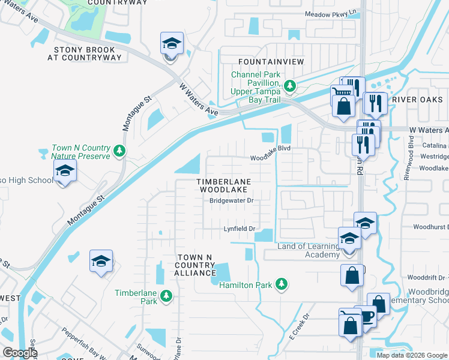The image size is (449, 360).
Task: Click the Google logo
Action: (x=20, y=353)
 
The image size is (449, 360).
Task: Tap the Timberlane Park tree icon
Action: (x=166, y=295)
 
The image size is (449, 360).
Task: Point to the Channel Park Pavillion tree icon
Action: (x=290, y=86)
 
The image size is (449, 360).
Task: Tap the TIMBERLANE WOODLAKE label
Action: (x=224, y=185)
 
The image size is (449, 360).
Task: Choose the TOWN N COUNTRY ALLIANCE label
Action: (x=195, y=265)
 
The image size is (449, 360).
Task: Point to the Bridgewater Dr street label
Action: (x=232, y=201)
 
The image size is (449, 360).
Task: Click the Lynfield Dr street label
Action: (x=240, y=229)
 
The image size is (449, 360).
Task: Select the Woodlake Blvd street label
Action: (x=270, y=158)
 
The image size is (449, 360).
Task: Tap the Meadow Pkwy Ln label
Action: (x=330, y=13)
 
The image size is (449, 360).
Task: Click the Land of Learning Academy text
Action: (x=308, y=251)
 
